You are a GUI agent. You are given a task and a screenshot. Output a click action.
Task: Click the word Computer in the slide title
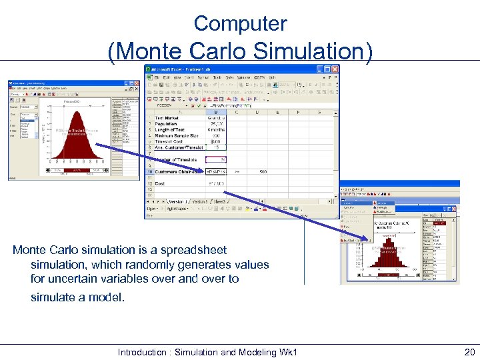click(240, 23)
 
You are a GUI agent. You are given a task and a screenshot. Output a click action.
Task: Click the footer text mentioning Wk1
click(207, 352)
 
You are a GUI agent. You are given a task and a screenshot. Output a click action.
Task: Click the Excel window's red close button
click(335, 70)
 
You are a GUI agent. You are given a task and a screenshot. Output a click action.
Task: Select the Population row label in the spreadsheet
click(166, 124)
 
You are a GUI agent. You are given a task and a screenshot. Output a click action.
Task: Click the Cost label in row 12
click(161, 183)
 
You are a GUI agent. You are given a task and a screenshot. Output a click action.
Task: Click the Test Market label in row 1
click(167, 118)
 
